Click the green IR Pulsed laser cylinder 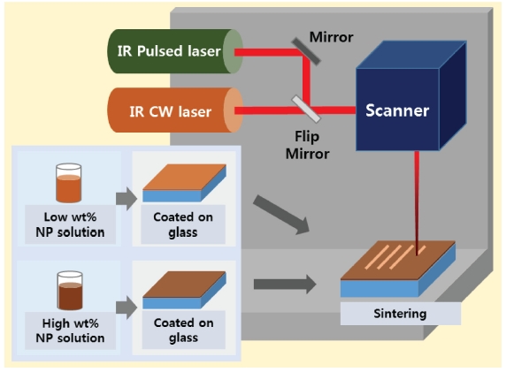pyautogui.click(x=175, y=51)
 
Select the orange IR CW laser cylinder pyautogui.click(x=175, y=110)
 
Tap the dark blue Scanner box pyautogui.click(x=410, y=95)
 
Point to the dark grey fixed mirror pyautogui.click(x=306, y=51)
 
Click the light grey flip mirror pyautogui.click(x=306, y=109)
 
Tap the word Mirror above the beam pyautogui.click(x=331, y=37)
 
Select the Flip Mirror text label pyautogui.click(x=307, y=145)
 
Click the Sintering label pyautogui.click(x=400, y=314)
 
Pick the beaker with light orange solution pyautogui.click(x=68, y=183)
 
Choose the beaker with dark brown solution pyautogui.click(x=70, y=291)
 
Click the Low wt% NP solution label pyautogui.click(x=70, y=224)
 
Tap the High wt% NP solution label pyautogui.click(x=70, y=330)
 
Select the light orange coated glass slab pyautogui.click(x=184, y=183)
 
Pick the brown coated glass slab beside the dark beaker pyautogui.click(x=184, y=290)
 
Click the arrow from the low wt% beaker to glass pyautogui.click(x=126, y=199)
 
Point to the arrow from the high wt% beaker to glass pyautogui.click(x=126, y=307)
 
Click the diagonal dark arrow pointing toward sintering pyautogui.click(x=281, y=215)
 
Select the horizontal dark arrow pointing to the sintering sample pyautogui.click(x=285, y=284)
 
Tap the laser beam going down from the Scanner pyautogui.click(x=417, y=203)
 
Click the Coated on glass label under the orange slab pyautogui.click(x=183, y=224)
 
